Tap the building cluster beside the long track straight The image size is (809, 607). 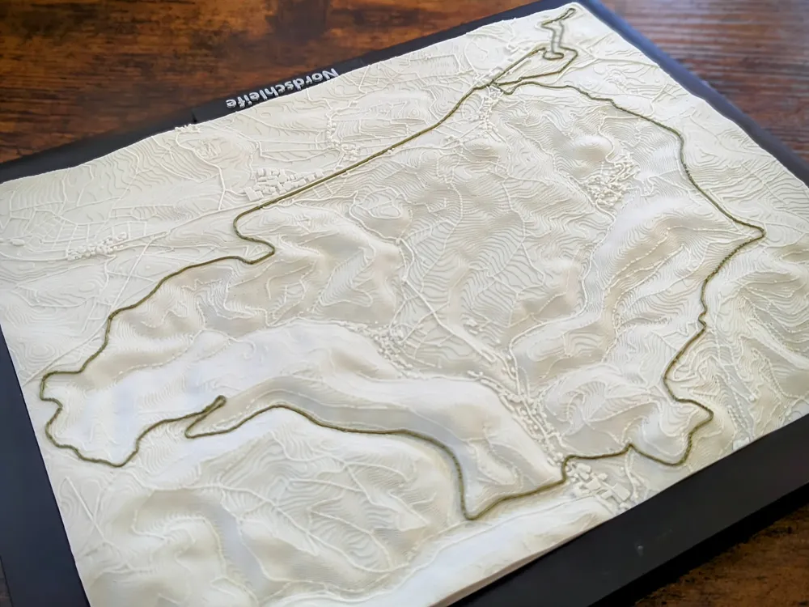pyautogui.click(x=271, y=185)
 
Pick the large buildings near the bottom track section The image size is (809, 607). pyautogui.click(x=599, y=482)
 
